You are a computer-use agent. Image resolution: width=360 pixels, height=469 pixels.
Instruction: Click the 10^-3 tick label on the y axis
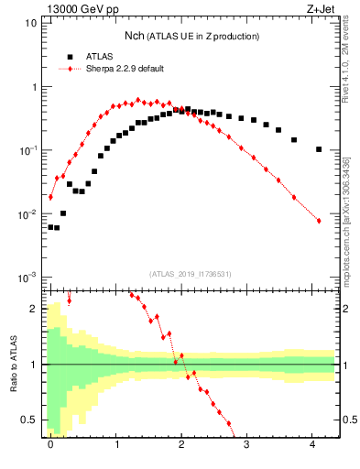click(x=28, y=278)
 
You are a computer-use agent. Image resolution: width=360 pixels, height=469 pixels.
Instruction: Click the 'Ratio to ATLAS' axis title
click(x=13, y=365)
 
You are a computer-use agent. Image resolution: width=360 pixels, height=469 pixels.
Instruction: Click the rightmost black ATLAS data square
click(x=318, y=149)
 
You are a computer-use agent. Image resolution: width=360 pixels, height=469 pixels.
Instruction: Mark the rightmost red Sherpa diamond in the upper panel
click(x=318, y=221)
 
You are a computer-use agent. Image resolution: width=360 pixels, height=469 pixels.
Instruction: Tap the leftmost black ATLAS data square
click(x=50, y=226)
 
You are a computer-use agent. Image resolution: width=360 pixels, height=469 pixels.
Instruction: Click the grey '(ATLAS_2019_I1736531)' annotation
click(x=191, y=274)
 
